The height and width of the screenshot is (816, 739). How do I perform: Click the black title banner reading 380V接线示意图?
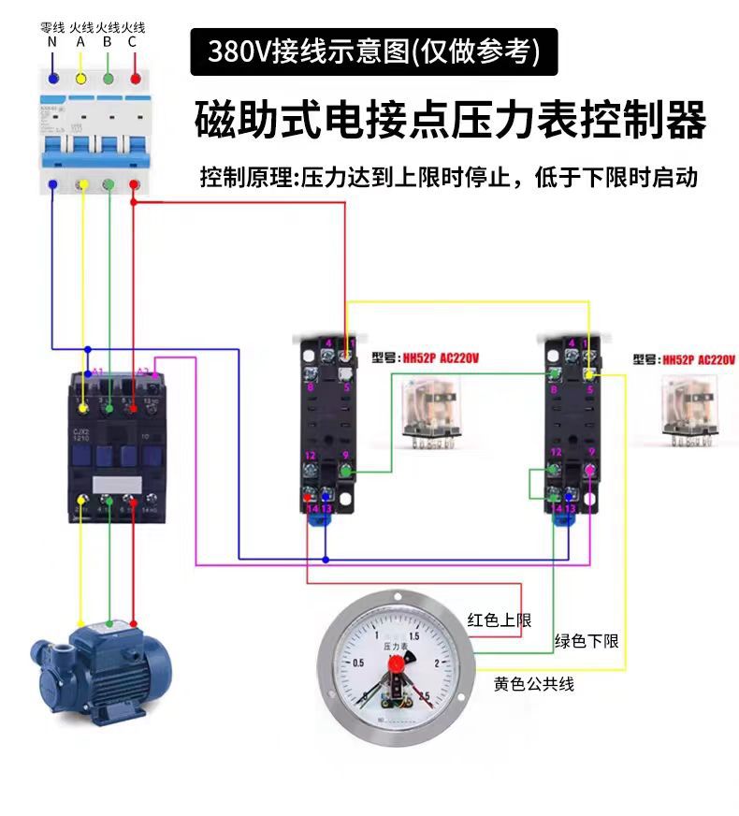[373, 51]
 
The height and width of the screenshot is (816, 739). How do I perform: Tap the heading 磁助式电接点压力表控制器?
[449, 119]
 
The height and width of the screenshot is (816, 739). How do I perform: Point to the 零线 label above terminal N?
[52, 28]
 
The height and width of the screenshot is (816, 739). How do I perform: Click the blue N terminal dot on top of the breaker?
[54, 79]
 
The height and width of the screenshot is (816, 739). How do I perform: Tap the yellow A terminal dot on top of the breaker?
[81, 79]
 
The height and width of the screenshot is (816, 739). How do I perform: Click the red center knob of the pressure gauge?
[395, 665]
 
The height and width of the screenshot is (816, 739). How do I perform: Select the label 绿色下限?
[587, 641]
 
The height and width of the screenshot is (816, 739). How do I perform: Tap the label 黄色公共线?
[533, 684]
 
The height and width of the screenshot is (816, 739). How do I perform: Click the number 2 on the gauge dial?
[437, 663]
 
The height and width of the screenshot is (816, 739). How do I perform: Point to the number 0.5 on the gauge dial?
[357, 663]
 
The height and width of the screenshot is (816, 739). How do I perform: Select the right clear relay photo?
[691, 407]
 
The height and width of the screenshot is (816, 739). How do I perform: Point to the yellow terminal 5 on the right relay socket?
[588, 375]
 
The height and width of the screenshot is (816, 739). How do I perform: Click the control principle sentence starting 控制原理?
[449, 177]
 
